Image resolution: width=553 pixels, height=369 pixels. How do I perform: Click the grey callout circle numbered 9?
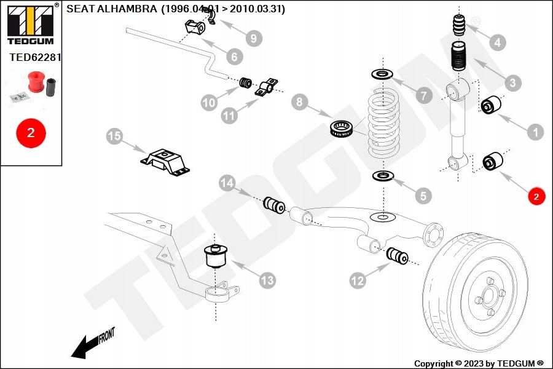coord(252,38)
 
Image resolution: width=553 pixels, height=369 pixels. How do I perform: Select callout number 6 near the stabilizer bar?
coord(234,57)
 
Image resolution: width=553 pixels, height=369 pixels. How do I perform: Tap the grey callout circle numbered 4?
coord(498,42)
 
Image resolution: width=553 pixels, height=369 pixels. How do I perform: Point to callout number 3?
coord(512,82)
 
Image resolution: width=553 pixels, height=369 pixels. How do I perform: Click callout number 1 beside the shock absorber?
coord(535,131)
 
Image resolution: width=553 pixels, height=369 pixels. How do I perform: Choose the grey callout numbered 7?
coord(423,96)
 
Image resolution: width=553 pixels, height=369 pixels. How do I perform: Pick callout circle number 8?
coord(299,102)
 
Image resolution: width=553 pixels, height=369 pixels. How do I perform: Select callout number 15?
coord(114,136)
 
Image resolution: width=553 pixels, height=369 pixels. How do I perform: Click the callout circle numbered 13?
coord(267,281)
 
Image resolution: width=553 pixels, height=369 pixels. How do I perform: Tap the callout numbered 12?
coord(358,281)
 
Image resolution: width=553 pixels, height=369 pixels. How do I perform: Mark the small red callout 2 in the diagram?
coord(536,197)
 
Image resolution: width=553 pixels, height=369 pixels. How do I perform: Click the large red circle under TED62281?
coord(31,132)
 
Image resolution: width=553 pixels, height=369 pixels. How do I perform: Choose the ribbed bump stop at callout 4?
coord(461,25)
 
